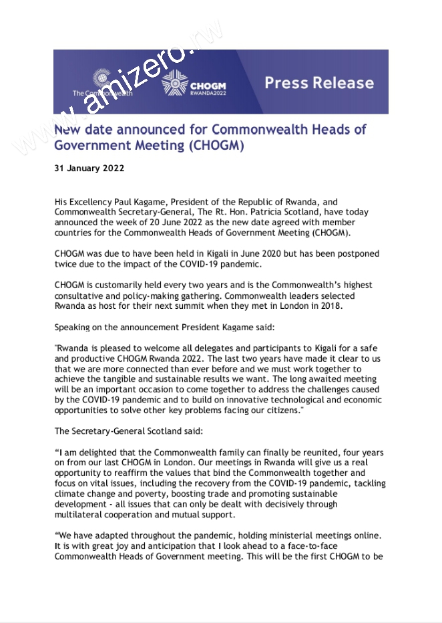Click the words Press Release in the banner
[319, 83]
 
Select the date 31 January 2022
[89, 168]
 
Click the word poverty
[144, 493]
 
